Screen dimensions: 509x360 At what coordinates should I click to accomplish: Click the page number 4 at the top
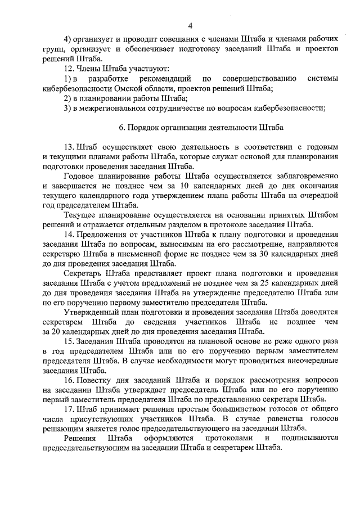click(190, 26)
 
